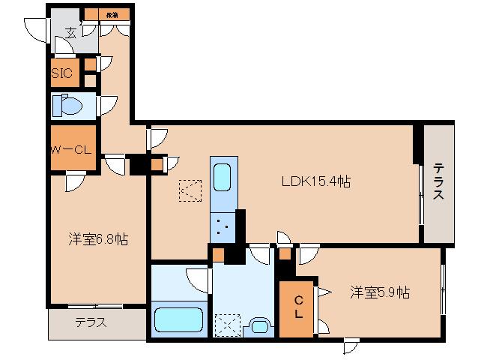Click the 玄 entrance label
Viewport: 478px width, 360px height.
[70, 32]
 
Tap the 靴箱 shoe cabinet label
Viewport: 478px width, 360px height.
[113, 13]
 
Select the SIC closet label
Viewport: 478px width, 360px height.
[61, 73]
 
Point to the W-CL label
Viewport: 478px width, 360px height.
[71, 149]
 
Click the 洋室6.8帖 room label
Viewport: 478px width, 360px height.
[97, 239]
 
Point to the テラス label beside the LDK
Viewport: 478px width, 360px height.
[438, 181]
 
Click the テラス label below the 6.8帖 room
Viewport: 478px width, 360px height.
[91, 323]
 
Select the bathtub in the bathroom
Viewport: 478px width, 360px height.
[179, 320]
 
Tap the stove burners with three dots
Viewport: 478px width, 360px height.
[223, 225]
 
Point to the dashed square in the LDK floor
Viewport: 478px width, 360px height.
[190, 191]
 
